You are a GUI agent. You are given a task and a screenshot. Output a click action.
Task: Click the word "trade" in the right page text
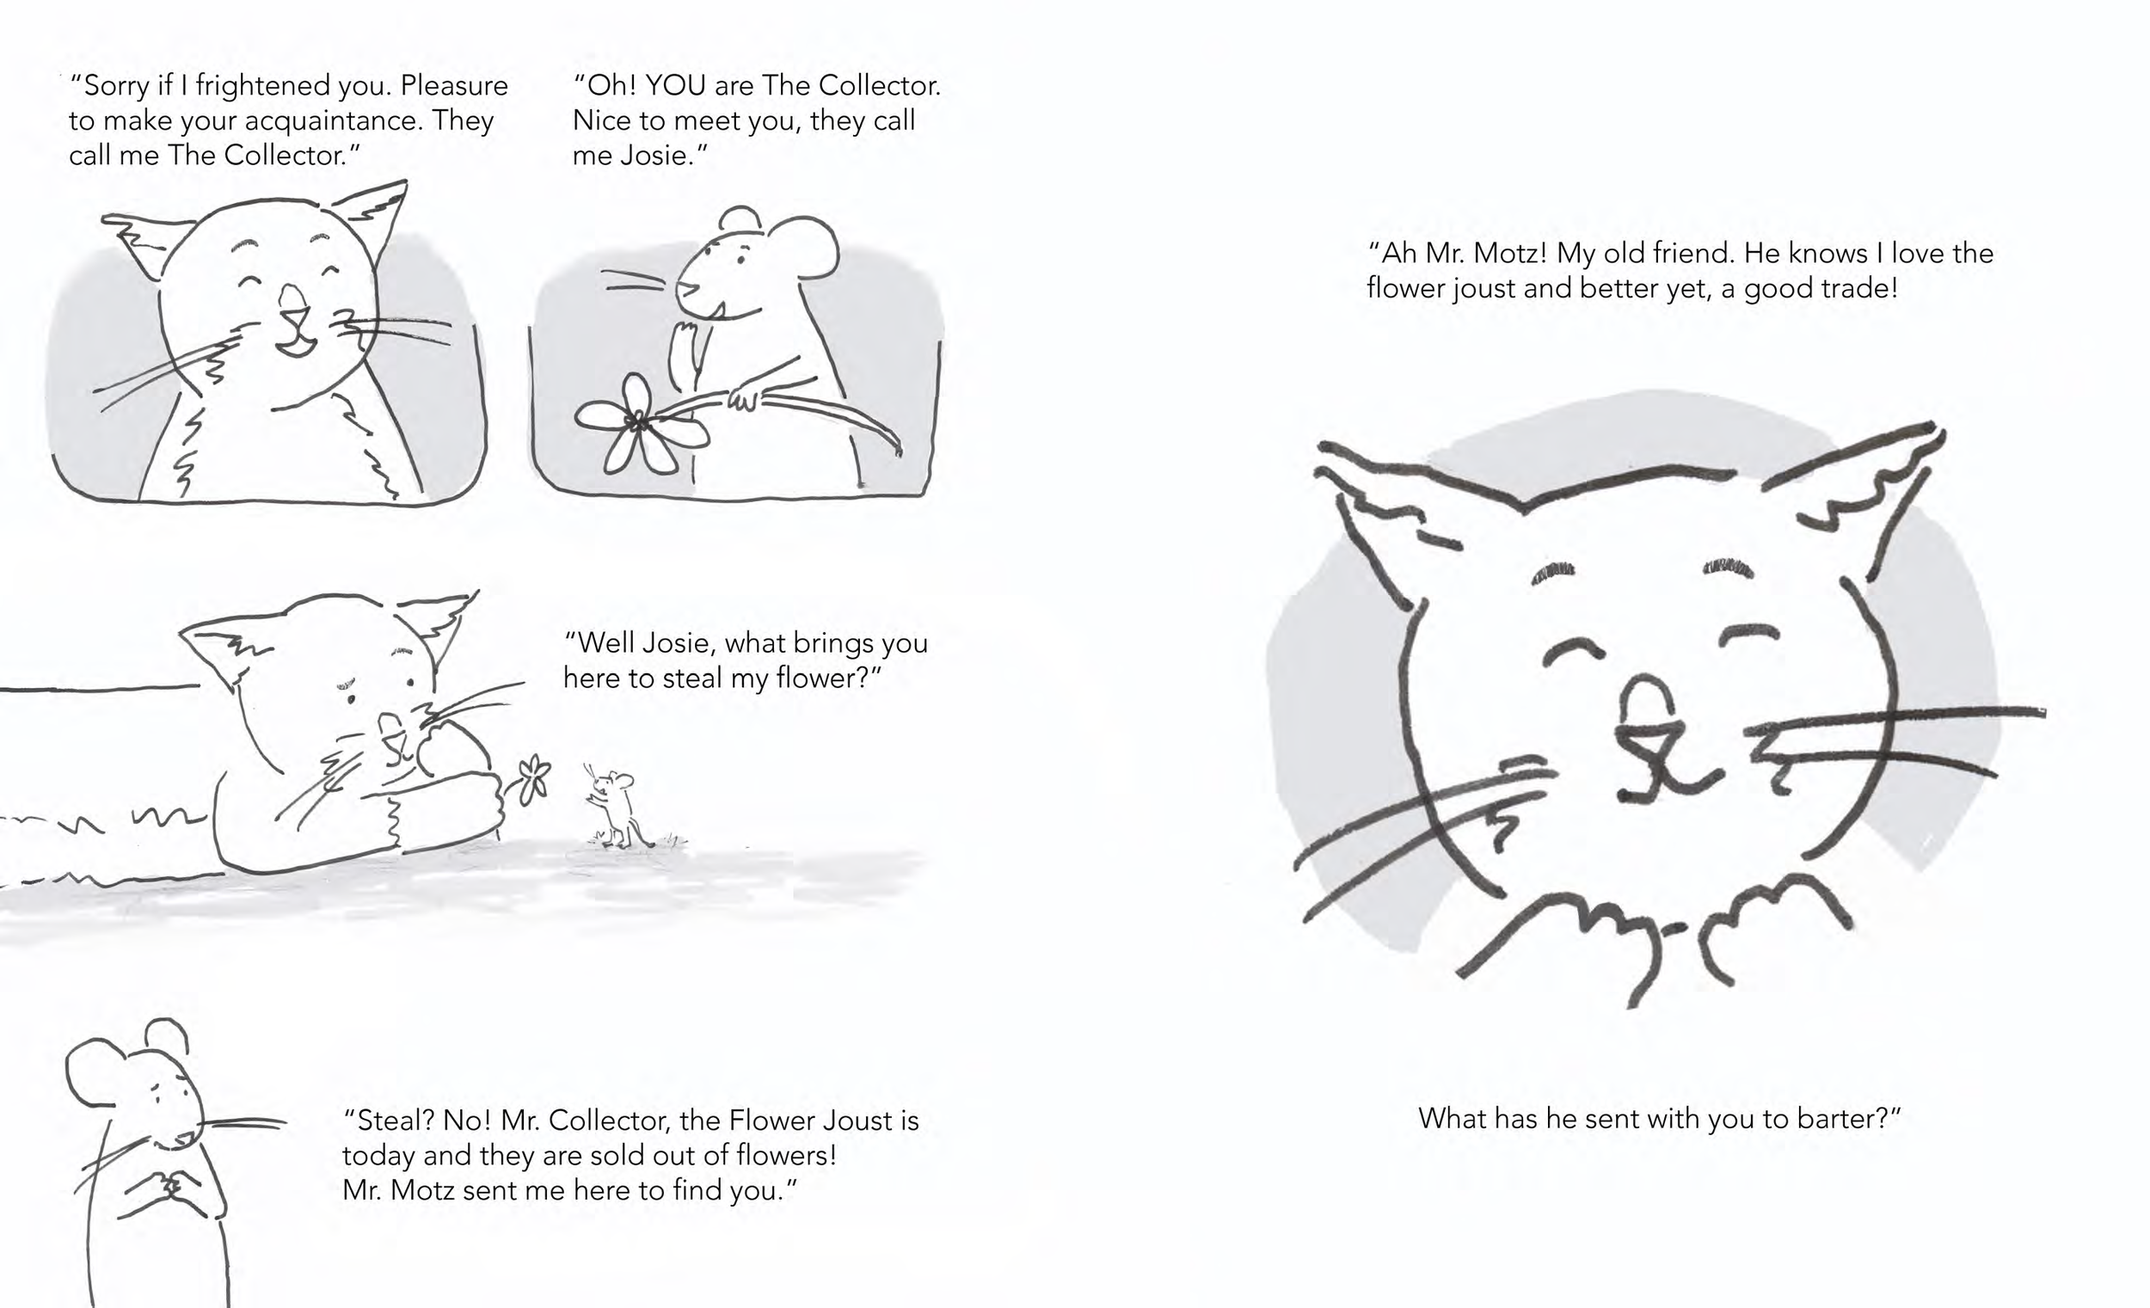click(1858, 288)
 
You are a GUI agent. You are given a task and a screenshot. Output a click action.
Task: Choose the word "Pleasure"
click(454, 85)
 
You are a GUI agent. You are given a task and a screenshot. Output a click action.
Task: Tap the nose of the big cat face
click(1647, 703)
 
